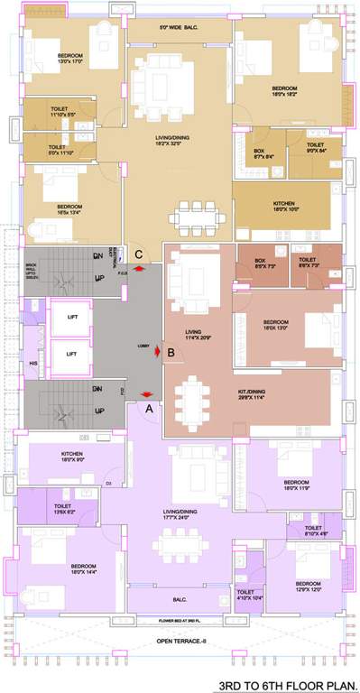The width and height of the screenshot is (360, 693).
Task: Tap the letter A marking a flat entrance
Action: (x=149, y=408)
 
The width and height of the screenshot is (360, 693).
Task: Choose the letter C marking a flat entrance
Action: (x=138, y=255)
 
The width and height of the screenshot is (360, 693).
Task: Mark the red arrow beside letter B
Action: (x=159, y=352)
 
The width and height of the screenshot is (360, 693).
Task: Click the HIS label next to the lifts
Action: (x=32, y=362)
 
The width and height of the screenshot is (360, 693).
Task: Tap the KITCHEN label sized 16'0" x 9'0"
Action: (x=72, y=456)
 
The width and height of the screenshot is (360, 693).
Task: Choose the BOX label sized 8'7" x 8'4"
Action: (x=265, y=153)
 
